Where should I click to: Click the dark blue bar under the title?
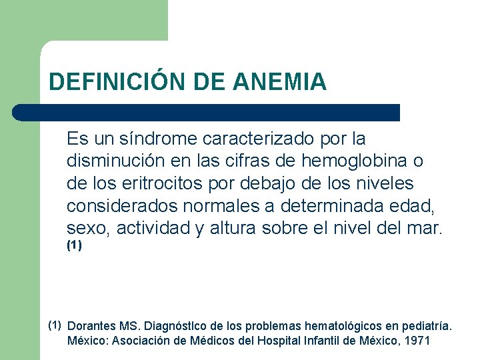[207, 112]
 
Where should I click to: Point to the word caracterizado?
[257, 139]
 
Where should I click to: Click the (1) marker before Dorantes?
[55, 325]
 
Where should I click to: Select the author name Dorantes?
[92, 327]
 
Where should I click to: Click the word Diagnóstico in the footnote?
[172, 327]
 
